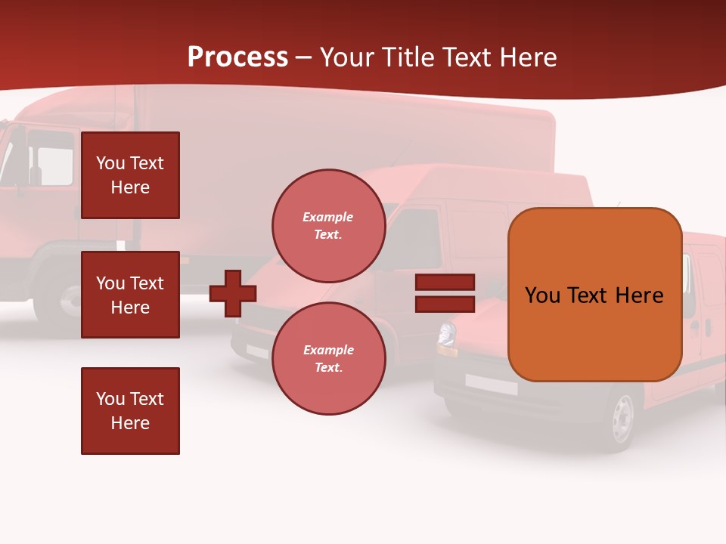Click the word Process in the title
tap(237, 57)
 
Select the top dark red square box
tap(130, 175)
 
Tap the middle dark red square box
tap(130, 295)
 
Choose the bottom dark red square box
tap(130, 411)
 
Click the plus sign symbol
tap(233, 293)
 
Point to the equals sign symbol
tap(445, 293)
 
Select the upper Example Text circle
tap(328, 225)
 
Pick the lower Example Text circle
tap(328, 358)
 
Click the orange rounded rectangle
tap(594, 295)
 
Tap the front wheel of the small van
tap(622, 418)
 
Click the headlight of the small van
tap(447, 335)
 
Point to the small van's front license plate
tap(491, 385)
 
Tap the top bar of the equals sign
tap(445, 282)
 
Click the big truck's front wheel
tap(60, 298)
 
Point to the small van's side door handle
tap(708, 327)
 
